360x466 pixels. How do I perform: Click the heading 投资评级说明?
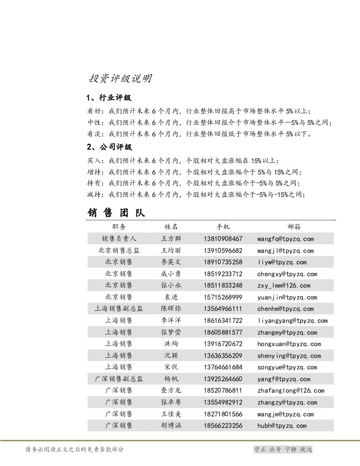click(x=120, y=79)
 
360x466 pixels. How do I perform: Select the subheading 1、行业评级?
click(x=109, y=98)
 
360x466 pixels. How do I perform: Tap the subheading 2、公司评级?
click(x=109, y=147)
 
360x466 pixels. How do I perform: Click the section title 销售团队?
click(x=116, y=212)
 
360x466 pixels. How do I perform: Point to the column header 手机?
click(x=223, y=227)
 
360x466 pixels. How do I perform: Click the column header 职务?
click(x=119, y=227)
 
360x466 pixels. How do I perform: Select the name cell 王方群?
click(x=171, y=239)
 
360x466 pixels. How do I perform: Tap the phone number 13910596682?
click(x=223, y=251)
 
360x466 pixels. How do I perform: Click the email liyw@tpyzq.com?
click(x=282, y=262)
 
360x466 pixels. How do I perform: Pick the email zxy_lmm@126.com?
click(x=283, y=286)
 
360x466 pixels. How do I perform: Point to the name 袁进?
click(x=171, y=297)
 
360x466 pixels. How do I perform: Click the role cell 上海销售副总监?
click(x=119, y=309)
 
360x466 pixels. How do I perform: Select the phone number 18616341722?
click(x=223, y=321)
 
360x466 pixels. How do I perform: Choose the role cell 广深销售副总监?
click(x=119, y=379)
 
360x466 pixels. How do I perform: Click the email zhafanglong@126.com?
click(x=291, y=391)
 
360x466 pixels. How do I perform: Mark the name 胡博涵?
click(x=171, y=426)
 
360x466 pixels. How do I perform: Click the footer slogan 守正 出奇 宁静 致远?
click(x=282, y=449)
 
